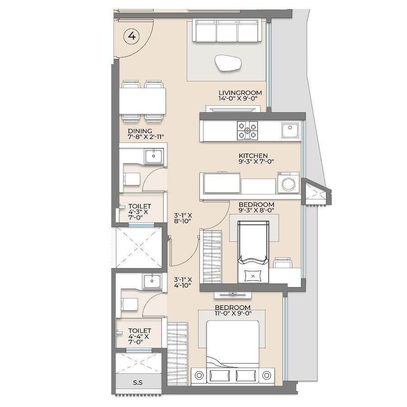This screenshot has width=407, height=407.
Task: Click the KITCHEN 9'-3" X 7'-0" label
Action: point(257,158)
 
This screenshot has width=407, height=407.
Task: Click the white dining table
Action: point(142,100)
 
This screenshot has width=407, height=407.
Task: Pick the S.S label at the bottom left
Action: point(138,383)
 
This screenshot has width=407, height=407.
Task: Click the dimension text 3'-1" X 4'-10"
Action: point(184,282)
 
